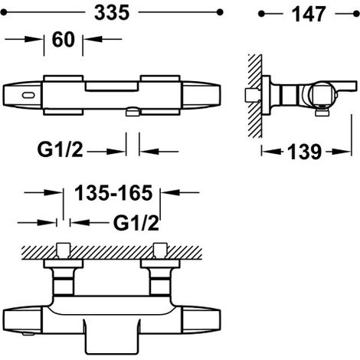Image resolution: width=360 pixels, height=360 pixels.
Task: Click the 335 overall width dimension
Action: pos(112,13)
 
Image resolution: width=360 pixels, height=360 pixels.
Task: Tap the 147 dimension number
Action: pos(309,15)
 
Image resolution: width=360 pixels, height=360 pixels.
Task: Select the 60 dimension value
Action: pos(64,40)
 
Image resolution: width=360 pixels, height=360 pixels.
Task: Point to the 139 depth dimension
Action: pos(304,152)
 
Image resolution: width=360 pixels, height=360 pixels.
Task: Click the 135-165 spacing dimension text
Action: pos(113,193)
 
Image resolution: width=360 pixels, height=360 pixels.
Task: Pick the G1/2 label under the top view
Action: pos(61,149)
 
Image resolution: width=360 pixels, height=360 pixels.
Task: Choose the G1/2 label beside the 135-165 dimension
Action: pos(136,223)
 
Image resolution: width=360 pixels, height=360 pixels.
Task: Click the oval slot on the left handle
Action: pos(28,95)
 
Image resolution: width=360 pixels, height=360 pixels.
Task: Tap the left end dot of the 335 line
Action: pos(3,12)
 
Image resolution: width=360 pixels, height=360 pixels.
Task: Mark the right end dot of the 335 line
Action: pos(220,12)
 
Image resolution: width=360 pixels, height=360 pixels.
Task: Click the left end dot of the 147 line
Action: pos(261,14)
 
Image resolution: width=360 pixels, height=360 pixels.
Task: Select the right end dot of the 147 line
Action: pos(356,14)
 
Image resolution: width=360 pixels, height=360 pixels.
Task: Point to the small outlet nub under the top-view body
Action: pos(133,112)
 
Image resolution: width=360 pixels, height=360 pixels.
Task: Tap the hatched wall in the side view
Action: pos(255,96)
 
